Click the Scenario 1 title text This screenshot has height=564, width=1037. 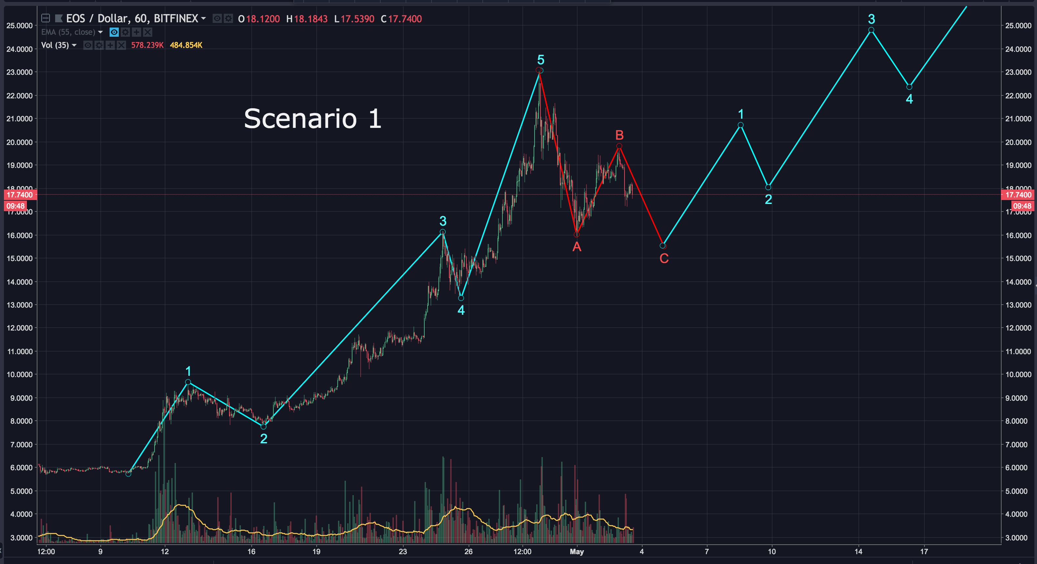312,119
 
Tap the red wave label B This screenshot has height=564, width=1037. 619,135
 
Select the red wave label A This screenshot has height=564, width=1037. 577,247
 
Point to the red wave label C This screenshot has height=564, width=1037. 664,258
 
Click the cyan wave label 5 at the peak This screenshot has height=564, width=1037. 540,60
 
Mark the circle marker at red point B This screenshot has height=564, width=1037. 619,146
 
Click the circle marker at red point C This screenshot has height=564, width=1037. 663,245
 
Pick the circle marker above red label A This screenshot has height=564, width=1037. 577,234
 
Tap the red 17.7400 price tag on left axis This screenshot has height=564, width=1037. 20,195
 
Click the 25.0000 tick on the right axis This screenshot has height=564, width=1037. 1018,26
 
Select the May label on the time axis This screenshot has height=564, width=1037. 577,552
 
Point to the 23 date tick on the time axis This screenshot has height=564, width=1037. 403,552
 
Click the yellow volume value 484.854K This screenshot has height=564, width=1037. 186,45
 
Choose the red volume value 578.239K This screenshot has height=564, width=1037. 147,45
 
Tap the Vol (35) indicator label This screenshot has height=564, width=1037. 55,45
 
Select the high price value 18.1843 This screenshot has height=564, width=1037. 310,19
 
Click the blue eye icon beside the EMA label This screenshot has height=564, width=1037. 114,32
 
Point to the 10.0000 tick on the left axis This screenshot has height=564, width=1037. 20,374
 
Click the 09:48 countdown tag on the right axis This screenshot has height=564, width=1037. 1022,206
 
